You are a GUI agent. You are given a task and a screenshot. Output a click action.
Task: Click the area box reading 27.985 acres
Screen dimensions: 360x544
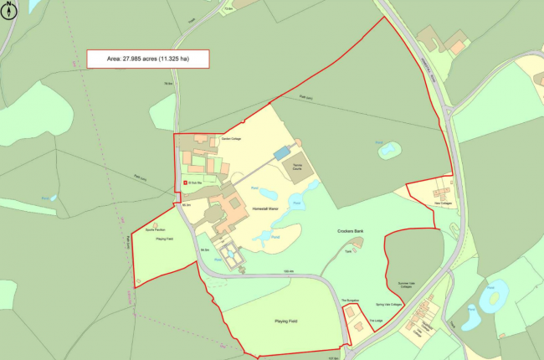(146, 59)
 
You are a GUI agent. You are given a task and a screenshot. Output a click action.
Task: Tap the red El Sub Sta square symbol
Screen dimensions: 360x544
(185, 181)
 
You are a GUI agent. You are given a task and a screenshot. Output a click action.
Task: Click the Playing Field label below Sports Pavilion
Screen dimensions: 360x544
(164, 239)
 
